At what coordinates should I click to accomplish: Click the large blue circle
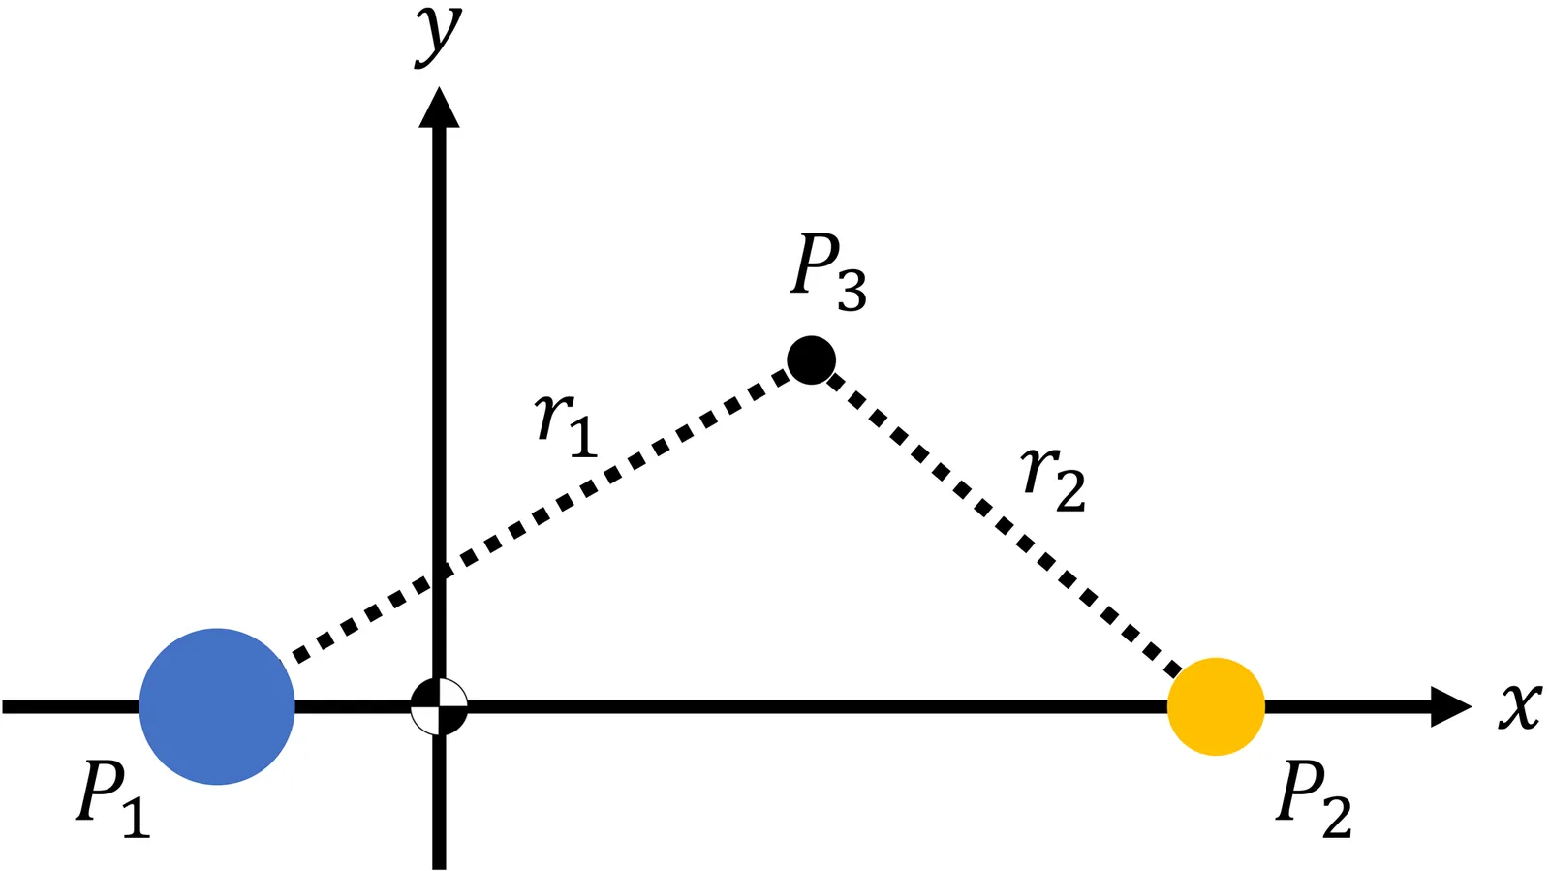pyautogui.click(x=217, y=706)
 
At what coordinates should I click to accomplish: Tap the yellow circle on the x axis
pyautogui.click(x=1216, y=706)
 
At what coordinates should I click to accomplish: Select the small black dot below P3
pyautogui.click(x=811, y=360)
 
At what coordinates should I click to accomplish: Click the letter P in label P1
pyautogui.click(x=101, y=792)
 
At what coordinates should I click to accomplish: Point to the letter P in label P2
pyautogui.click(x=1300, y=792)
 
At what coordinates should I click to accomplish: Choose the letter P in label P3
pyautogui.click(x=816, y=264)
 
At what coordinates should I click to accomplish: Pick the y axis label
pyautogui.click(x=438, y=34)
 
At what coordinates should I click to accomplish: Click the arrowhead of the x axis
pyautogui.click(x=1450, y=706)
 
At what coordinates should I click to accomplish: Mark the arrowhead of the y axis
pyautogui.click(x=439, y=108)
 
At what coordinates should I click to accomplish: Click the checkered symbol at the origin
pyautogui.click(x=439, y=706)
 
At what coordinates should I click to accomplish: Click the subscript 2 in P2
pyautogui.click(x=1337, y=816)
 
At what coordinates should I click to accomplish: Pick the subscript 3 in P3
pyautogui.click(x=852, y=290)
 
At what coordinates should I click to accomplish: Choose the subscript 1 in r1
pyautogui.click(x=582, y=435)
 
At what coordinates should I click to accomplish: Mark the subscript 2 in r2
pyautogui.click(x=1069, y=490)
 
